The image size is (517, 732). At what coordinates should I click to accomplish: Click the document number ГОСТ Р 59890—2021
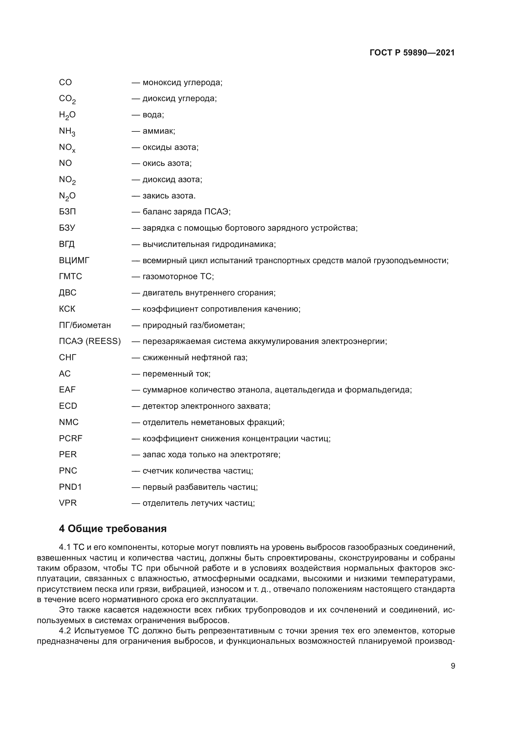click(x=412, y=53)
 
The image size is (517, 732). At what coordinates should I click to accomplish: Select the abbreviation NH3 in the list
click(x=67, y=131)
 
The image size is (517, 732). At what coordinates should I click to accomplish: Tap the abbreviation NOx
click(x=67, y=148)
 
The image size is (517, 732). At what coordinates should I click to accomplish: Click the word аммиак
click(x=158, y=131)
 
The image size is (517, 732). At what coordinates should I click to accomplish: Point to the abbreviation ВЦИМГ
click(x=74, y=260)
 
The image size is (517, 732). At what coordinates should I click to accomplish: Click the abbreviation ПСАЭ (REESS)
click(x=90, y=341)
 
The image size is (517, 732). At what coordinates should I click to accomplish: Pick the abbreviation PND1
click(x=70, y=487)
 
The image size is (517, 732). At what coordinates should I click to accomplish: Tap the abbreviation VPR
click(x=68, y=503)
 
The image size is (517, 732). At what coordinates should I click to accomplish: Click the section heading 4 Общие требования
click(x=113, y=529)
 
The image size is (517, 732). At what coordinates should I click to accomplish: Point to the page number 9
click(x=453, y=666)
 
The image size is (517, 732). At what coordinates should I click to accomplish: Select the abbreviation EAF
click(x=67, y=390)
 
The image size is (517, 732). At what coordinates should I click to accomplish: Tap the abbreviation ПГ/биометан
click(x=85, y=325)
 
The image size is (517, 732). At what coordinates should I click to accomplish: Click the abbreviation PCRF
click(x=70, y=438)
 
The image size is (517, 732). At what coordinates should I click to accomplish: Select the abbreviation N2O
click(x=67, y=196)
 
